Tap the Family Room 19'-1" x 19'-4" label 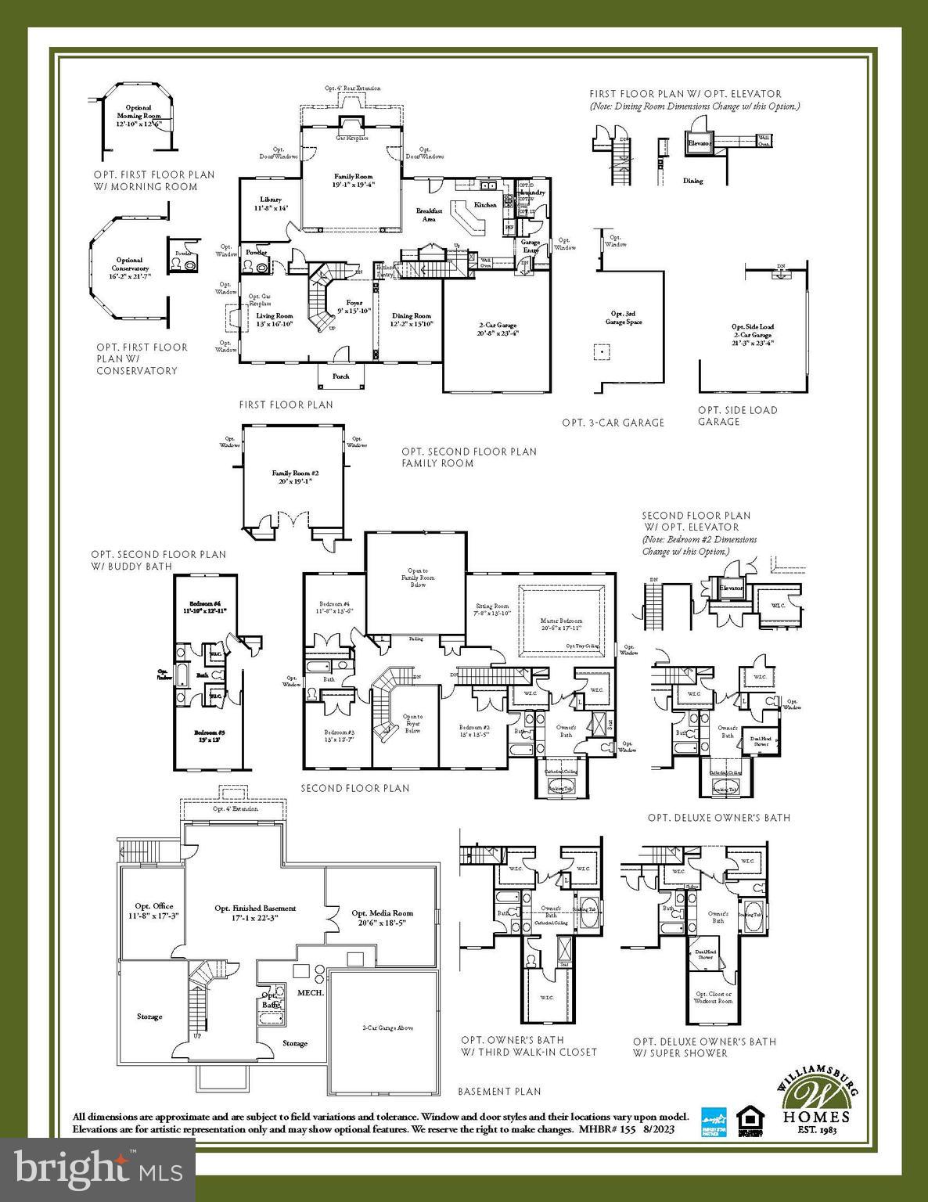coord(354,181)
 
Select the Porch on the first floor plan coord(340,376)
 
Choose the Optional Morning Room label coord(138,116)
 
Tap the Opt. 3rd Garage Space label coord(624,318)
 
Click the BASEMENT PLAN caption coord(498,1091)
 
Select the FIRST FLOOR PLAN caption coord(286,405)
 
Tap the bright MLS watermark coord(98,1169)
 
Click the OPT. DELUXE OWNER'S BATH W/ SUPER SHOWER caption coord(704,1047)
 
